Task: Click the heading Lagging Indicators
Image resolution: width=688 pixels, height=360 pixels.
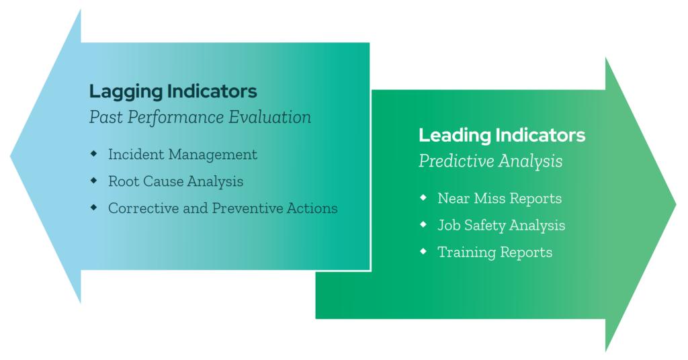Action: (x=173, y=91)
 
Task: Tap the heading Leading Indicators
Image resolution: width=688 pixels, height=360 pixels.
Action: (x=502, y=135)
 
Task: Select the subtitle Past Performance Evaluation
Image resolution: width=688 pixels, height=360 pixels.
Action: (x=200, y=118)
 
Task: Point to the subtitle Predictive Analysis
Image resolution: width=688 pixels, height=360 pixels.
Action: (x=490, y=162)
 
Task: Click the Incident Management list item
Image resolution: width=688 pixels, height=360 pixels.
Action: (x=182, y=154)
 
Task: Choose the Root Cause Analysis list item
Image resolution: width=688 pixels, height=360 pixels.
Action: (x=175, y=181)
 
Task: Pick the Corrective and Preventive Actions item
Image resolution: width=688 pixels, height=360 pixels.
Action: (x=222, y=208)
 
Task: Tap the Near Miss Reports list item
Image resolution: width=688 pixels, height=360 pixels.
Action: (x=499, y=198)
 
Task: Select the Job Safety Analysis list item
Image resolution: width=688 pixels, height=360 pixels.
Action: (x=501, y=225)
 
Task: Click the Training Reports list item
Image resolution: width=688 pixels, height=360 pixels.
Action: (x=494, y=253)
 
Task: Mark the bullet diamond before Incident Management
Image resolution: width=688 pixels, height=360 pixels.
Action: (x=93, y=154)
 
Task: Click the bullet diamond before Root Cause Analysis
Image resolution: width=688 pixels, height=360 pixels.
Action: (x=93, y=181)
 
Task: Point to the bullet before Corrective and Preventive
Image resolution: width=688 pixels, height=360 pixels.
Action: (x=93, y=208)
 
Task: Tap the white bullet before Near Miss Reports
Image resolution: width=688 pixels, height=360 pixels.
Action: (x=423, y=197)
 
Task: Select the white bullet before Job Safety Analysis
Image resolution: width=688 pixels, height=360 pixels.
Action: (x=423, y=224)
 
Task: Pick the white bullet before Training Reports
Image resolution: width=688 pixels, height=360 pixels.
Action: (x=423, y=251)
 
